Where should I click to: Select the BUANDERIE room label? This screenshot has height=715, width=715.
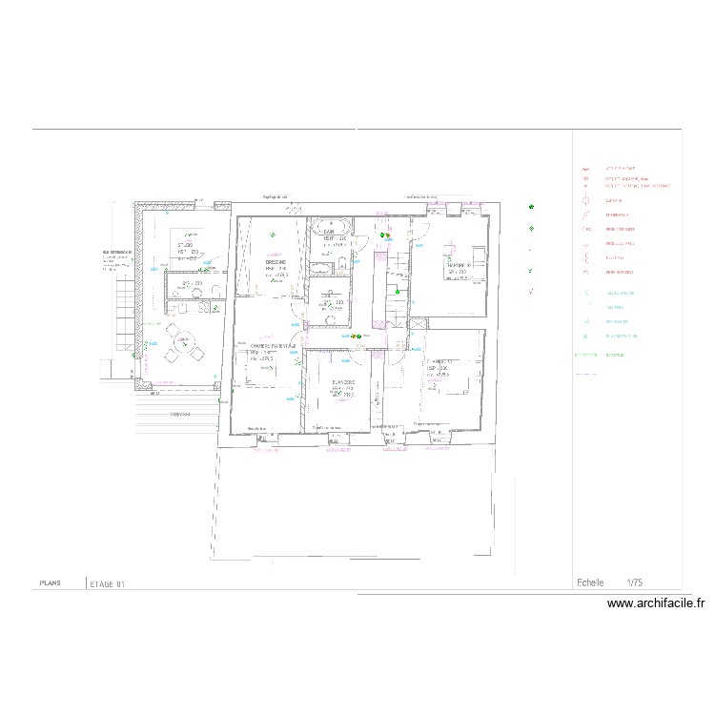(x=343, y=382)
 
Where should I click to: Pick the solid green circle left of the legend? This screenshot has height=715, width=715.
(x=531, y=207)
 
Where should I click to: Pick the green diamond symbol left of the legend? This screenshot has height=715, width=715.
(x=531, y=228)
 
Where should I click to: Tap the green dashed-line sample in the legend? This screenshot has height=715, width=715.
(x=584, y=356)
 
